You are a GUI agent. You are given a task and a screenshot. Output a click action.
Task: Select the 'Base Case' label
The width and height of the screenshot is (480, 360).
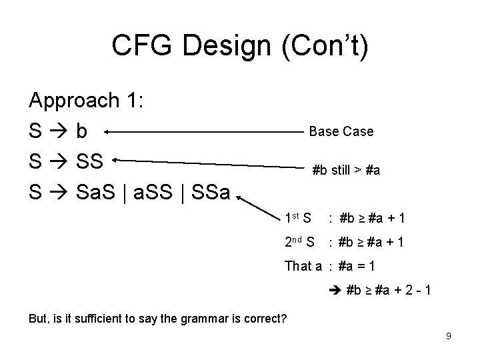pos(341,131)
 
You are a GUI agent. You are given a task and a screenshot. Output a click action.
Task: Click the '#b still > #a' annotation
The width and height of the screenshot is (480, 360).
pos(347,170)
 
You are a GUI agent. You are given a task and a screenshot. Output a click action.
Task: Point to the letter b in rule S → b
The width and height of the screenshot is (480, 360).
pos(81,131)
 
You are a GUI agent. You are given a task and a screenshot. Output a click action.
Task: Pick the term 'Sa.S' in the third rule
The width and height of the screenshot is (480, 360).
pos(100,193)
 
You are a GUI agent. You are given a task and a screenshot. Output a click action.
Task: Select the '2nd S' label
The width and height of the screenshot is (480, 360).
pos(299,242)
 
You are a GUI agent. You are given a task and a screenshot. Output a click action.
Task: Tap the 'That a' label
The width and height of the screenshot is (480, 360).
pos(303,266)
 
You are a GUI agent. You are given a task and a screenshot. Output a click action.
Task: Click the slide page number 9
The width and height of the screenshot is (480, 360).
pos(449,336)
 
